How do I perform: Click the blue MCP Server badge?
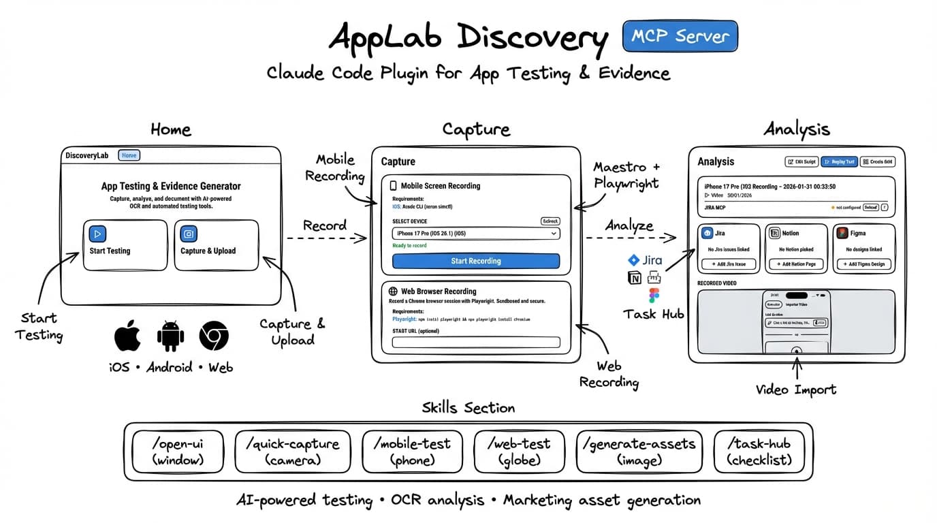[x=680, y=36]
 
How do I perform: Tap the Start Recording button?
[x=475, y=261]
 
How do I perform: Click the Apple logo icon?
[x=127, y=336]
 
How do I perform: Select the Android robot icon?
[x=170, y=336]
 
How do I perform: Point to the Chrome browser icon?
[x=214, y=336]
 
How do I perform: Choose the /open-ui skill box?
[x=178, y=451]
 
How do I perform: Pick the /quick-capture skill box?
[x=292, y=451]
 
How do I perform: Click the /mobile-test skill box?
[x=412, y=451]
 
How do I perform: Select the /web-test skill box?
[x=518, y=451]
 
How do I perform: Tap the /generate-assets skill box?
[x=639, y=451]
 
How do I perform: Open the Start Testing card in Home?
[x=125, y=244]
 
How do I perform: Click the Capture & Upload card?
[x=217, y=244]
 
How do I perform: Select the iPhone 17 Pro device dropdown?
[x=475, y=234]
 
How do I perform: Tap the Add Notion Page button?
[x=796, y=264]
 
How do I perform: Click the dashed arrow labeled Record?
[x=326, y=238]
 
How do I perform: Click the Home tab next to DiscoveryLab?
[x=129, y=155]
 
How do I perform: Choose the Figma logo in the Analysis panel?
[x=842, y=233]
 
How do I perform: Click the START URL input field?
[x=475, y=342]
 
